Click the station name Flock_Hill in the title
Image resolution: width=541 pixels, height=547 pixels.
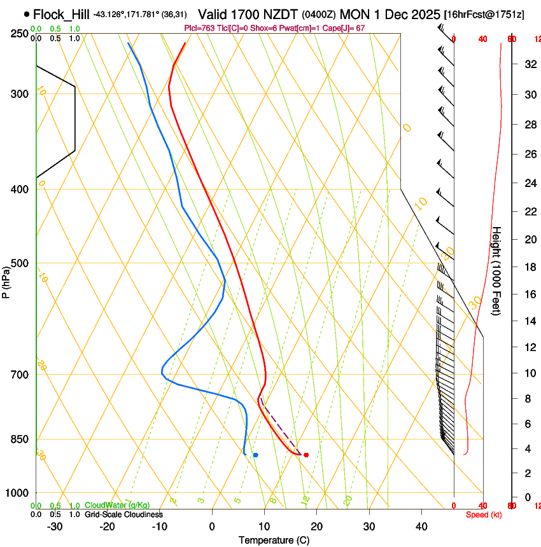point(61,13)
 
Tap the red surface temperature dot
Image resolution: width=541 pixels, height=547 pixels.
point(306,455)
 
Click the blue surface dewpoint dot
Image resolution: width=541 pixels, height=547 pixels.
point(255,455)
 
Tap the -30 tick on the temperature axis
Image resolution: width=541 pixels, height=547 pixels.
point(55,527)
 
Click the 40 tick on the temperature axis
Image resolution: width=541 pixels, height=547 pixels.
point(421,527)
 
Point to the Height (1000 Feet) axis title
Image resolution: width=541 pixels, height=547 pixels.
point(497,270)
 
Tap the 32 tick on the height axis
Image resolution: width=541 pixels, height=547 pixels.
point(528,64)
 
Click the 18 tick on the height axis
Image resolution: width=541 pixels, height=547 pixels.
point(528,267)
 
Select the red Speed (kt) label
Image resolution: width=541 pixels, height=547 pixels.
point(482,515)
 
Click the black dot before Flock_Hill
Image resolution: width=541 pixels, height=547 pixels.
point(26,13)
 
